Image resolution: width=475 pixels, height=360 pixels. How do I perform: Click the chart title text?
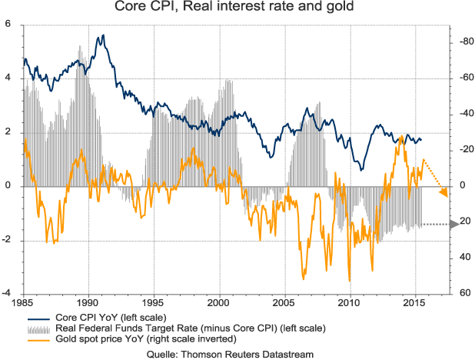[237, 9]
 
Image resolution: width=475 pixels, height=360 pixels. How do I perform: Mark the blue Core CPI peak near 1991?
[101, 36]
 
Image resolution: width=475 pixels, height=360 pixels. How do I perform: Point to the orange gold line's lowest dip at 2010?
[350, 281]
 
